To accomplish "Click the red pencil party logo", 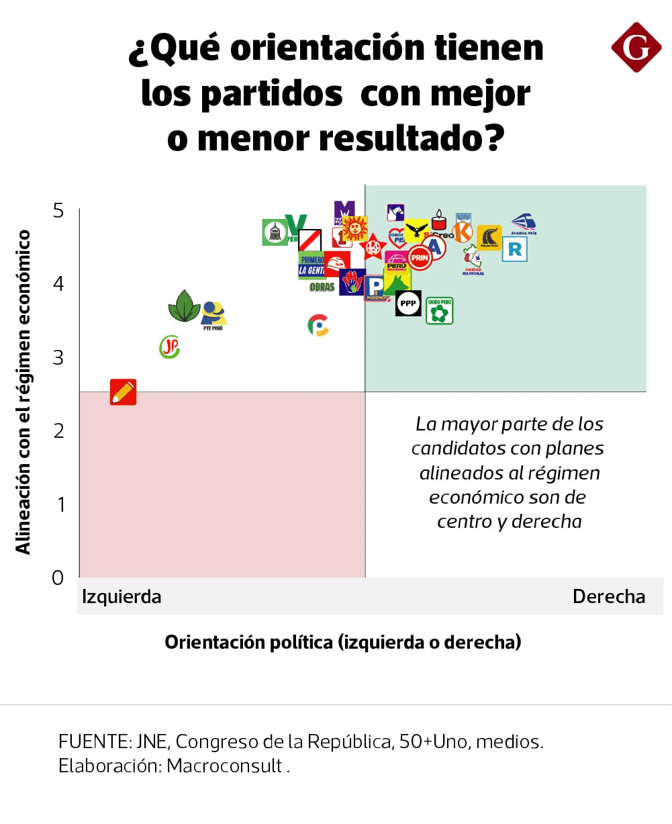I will tap(123, 392).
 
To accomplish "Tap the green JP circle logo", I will tap(170, 347).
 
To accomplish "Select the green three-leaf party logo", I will tap(184, 306).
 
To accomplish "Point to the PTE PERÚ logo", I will tap(213, 315).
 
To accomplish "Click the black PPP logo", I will tap(408, 304).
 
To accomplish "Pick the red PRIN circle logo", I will tap(420, 258).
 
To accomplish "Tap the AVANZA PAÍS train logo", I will tap(524, 224).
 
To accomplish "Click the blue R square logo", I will tap(515, 250).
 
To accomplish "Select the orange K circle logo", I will tap(463, 231).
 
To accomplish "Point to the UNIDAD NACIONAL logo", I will tap(473, 261).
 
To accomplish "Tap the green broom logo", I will tap(275, 232).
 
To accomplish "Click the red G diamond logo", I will tap(636, 47).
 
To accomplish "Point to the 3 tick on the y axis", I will tap(58, 357).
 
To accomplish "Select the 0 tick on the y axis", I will tap(58, 578).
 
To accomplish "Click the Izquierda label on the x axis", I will tap(122, 596).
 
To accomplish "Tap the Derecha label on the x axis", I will tap(608, 596).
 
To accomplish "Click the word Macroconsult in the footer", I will tap(224, 766).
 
